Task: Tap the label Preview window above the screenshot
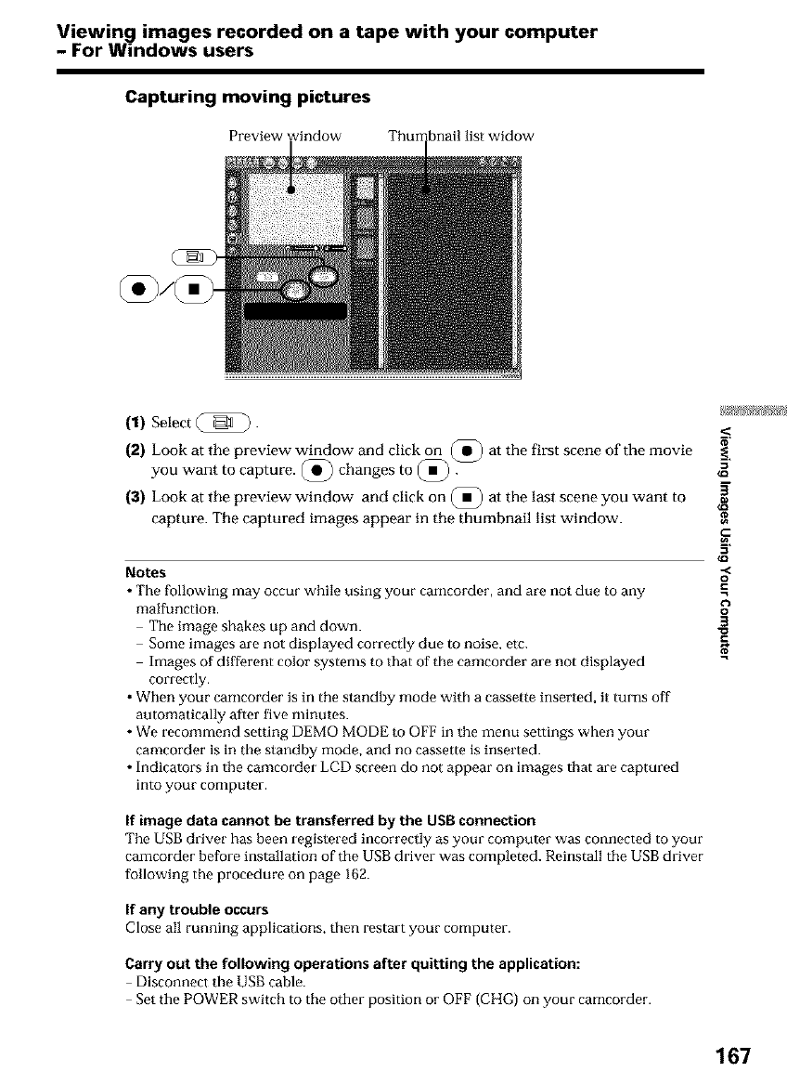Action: [285, 137]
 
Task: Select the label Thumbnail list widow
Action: [460, 137]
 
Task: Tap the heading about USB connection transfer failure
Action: [329, 820]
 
